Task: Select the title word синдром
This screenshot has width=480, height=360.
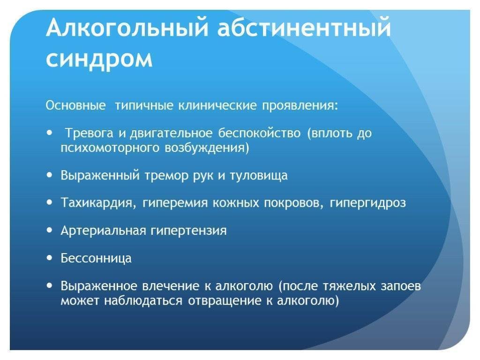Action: (99, 59)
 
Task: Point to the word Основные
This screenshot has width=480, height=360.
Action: (75, 105)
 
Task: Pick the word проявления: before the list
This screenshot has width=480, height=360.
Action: (300, 106)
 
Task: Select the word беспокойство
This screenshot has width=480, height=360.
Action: (259, 133)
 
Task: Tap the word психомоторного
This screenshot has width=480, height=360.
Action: (110, 148)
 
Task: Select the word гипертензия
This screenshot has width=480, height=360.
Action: (188, 231)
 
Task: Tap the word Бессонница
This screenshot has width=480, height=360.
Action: (96, 258)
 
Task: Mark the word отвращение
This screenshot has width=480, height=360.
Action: (225, 301)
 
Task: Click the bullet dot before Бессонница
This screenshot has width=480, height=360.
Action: (50, 258)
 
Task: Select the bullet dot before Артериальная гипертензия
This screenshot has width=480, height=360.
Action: (50, 230)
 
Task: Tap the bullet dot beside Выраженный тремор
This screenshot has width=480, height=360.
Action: (50, 175)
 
